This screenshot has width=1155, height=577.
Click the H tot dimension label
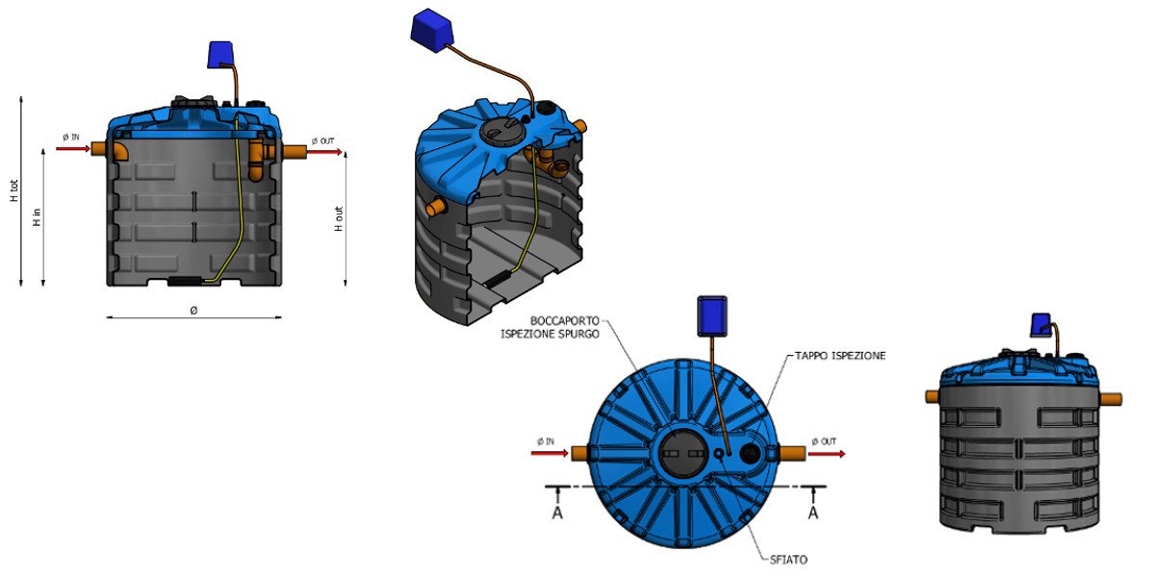pos(14,192)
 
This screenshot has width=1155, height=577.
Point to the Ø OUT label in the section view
pos(322,141)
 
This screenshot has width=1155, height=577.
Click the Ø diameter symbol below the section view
pos(193,310)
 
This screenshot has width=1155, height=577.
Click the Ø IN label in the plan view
pos(546,441)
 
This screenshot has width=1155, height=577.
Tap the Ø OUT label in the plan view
pos(824,441)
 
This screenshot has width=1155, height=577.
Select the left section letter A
pos(557,513)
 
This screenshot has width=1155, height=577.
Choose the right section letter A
pos(813,513)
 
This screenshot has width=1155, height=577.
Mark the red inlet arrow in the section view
pos(72,149)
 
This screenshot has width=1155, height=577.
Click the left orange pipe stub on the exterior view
pos(932,396)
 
